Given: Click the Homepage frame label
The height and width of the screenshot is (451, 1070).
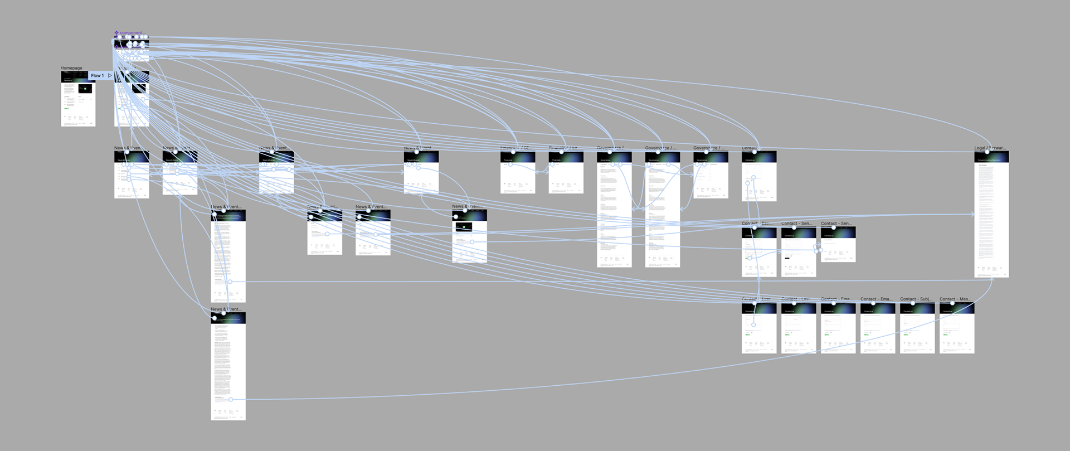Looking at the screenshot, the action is coord(71,68).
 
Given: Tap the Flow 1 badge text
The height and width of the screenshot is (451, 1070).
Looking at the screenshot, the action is coord(97,76).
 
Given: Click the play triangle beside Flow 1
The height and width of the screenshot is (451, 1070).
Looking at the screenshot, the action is coord(110,76).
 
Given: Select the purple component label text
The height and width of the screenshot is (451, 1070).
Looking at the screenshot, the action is coord(131,33).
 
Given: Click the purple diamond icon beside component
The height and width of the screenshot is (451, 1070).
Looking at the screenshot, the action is coord(116,33).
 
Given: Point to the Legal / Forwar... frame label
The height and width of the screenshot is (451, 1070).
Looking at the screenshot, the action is coord(990,148).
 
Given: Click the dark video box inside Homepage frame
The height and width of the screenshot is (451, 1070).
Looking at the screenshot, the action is coord(85,89).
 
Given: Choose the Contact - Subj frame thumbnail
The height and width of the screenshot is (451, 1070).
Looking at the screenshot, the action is coord(917,332).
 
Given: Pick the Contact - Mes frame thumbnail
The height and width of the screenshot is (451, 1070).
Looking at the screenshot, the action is coord(957,332).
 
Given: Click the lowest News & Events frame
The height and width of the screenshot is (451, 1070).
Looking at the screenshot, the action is coord(228,368).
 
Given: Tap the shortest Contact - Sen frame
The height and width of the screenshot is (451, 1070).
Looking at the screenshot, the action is coord(838,245).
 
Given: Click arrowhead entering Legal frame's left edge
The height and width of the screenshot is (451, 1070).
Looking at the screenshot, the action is coord(973,214).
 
